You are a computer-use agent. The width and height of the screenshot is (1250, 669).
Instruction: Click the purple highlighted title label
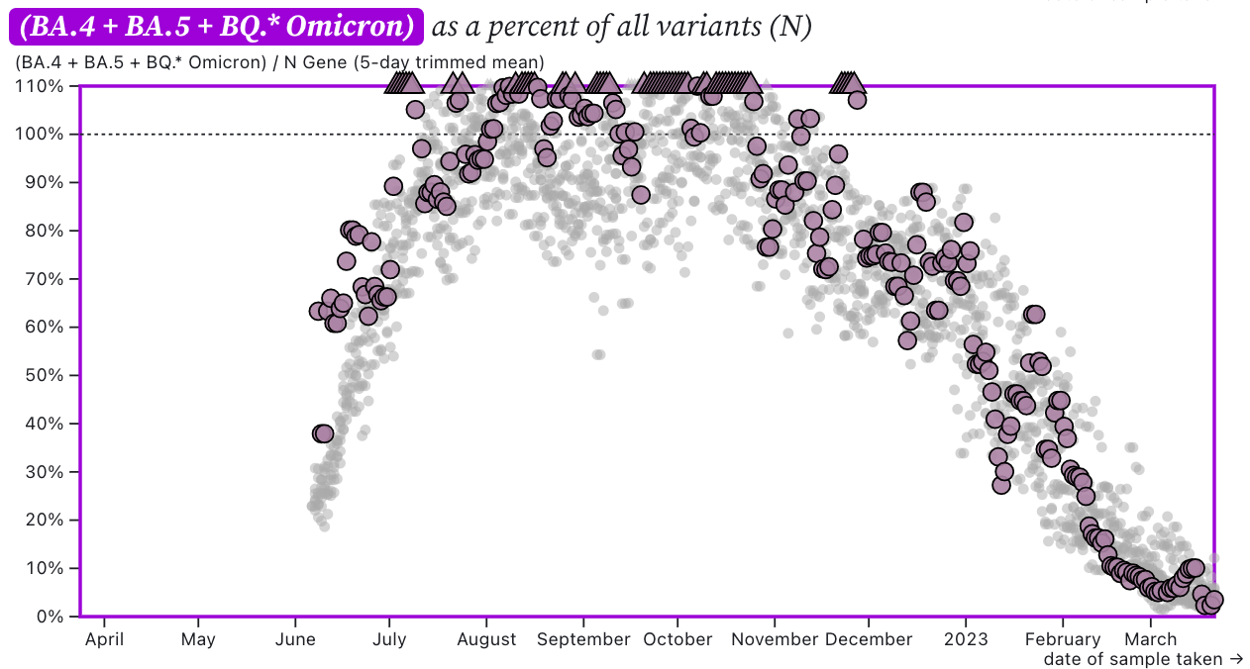pyautogui.click(x=217, y=27)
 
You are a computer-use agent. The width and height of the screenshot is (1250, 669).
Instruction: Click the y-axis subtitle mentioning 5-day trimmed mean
pyautogui.click(x=279, y=63)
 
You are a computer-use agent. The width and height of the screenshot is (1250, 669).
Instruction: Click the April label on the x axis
pyautogui.click(x=104, y=639)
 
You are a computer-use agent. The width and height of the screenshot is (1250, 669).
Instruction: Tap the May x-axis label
pyautogui.click(x=199, y=639)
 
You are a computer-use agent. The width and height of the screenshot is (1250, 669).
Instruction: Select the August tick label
pyautogui.click(x=486, y=639)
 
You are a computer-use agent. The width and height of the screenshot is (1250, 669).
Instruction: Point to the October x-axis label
pyautogui.click(x=677, y=639)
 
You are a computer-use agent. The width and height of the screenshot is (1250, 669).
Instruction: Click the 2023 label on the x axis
pyautogui.click(x=966, y=639)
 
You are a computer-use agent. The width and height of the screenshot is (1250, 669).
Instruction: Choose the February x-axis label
pyautogui.click(x=1062, y=639)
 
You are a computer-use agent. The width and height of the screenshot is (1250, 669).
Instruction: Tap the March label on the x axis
pyautogui.click(x=1150, y=639)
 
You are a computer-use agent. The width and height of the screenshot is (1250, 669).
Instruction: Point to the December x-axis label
pyautogui.click(x=869, y=639)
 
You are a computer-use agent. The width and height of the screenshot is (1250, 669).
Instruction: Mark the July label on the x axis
pyautogui.click(x=389, y=639)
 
